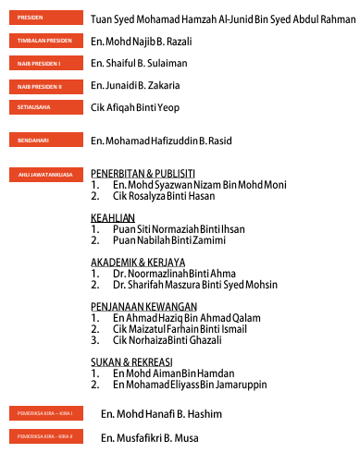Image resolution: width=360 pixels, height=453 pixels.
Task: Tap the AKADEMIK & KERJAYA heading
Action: (138, 262)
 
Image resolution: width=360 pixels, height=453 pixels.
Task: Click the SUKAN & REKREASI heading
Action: (132, 361)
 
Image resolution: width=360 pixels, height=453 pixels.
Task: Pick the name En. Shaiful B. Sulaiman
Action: (139, 63)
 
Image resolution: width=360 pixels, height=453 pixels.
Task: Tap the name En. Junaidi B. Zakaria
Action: (135, 85)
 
